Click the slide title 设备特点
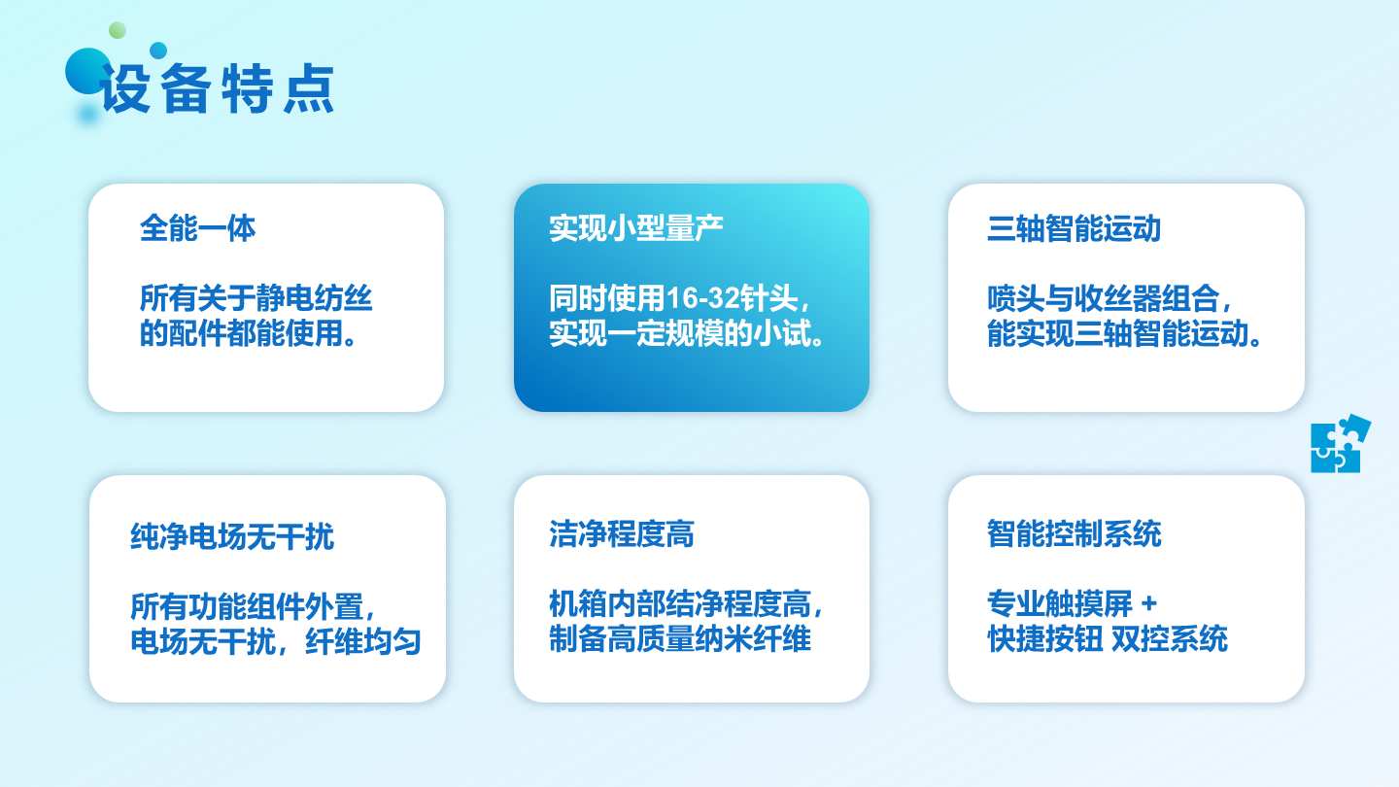coord(217,88)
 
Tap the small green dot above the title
coord(118,30)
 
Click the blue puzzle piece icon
coord(1340,444)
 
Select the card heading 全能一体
coord(197,228)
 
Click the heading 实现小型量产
coord(635,228)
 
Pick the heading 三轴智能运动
coord(1074,228)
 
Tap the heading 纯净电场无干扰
coord(232,536)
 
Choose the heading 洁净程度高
coord(622,534)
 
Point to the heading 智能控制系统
coord(1074,534)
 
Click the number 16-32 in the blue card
coord(702,298)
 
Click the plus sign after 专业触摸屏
coord(1148,604)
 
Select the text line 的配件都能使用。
coord(249,333)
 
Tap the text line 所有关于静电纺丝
coord(256,298)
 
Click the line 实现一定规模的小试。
coord(687,333)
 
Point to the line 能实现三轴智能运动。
coord(1124,333)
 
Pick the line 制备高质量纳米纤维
coord(680,638)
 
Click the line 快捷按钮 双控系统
coord(1108,638)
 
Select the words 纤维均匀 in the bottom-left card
coord(363,641)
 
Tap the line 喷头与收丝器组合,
coord(1109,298)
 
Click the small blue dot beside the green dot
coord(158,50)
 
